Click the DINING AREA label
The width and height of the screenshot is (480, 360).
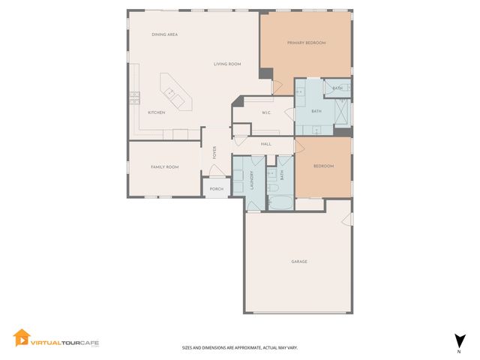coord(163,34)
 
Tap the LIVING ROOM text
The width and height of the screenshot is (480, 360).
coord(226,64)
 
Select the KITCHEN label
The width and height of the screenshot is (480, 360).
coord(156,112)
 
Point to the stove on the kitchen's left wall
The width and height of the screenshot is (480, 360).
coord(134,95)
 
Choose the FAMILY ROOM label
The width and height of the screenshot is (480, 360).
coord(165,166)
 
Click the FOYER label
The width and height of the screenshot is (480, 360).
coord(214,153)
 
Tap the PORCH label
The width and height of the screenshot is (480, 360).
coord(216,188)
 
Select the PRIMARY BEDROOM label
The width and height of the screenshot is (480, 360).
coord(306,43)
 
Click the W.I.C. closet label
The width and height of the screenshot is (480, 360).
coord(266,113)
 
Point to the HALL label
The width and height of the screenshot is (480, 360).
coord(265,143)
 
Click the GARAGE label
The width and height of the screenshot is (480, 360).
coord(299,262)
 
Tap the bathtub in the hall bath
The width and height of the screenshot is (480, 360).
coord(282,202)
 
